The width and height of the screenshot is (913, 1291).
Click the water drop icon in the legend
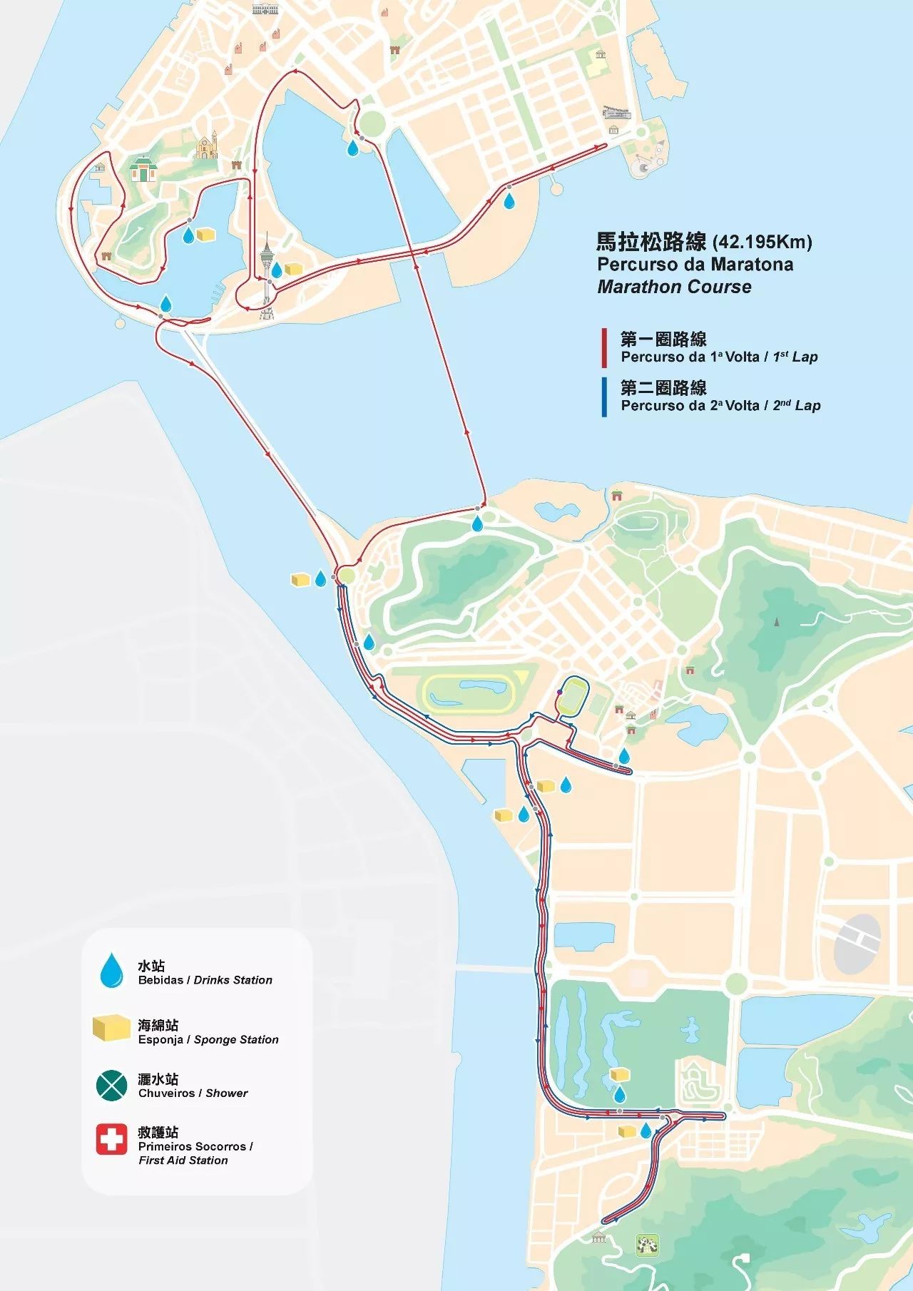click(111, 971)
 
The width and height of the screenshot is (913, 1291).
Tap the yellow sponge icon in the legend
click(110, 1029)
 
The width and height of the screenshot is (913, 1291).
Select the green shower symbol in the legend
click(111, 1085)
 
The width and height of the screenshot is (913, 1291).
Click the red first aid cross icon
click(111, 1139)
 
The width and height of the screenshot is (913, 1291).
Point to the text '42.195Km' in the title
click(762, 242)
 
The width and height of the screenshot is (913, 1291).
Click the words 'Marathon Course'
click(674, 287)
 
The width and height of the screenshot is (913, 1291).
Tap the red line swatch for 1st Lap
click(604, 347)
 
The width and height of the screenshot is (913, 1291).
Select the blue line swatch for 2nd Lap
click(604, 397)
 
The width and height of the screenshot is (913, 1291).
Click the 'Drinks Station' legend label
click(233, 980)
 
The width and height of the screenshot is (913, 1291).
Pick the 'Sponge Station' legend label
click(235, 1039)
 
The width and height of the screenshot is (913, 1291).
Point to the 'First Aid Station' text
click(183, 1160)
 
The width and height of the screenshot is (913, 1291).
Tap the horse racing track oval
click(470, 692)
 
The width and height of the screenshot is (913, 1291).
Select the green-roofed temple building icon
click(143, 170)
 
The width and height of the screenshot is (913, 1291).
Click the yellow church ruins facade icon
click(207, 147)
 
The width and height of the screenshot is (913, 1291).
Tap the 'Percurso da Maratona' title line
click(695, 265)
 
